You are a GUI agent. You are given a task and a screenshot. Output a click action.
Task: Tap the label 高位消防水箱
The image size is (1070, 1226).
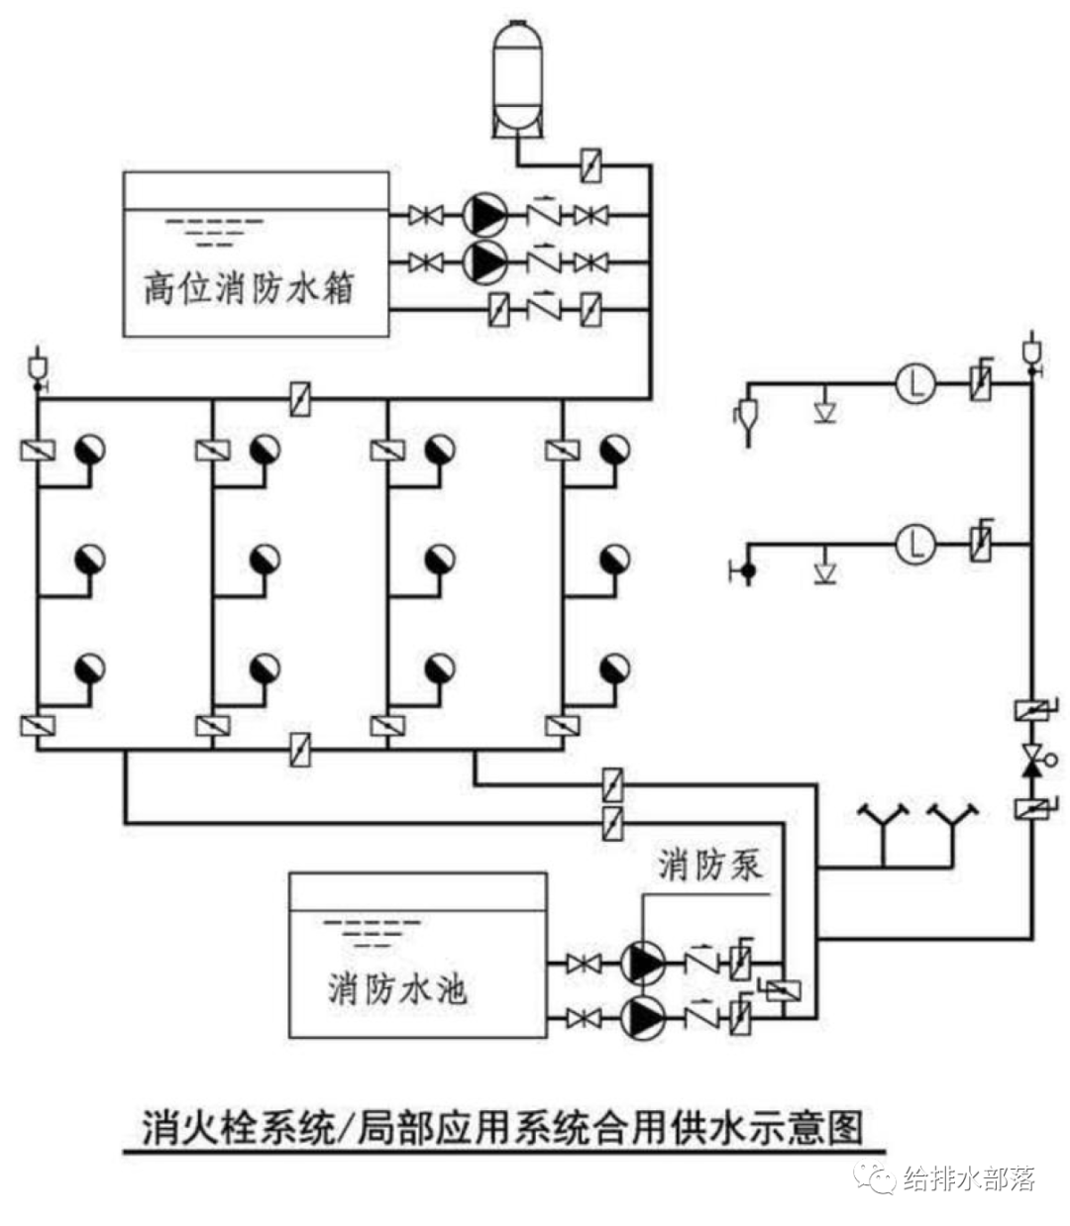[x=248, y=288]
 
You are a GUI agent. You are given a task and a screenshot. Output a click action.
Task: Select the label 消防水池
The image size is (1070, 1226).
[x=397, y=988]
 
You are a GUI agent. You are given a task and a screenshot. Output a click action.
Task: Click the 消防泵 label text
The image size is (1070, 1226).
[x=710, y=865]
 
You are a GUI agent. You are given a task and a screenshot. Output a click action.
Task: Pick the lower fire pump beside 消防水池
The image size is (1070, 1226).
[x=642, y=1017]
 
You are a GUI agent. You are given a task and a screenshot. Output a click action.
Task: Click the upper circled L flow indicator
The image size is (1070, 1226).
[x=916, y=384]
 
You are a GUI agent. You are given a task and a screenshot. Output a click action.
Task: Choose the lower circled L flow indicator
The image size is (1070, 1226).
[x=916, y=543]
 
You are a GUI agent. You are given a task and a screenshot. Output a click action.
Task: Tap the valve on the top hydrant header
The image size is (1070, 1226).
[x=299, y=400]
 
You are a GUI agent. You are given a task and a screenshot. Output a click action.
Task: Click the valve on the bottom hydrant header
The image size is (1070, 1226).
[x=299, y=750]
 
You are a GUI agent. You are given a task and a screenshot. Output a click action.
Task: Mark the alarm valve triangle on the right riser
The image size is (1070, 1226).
[x=1030, y=761]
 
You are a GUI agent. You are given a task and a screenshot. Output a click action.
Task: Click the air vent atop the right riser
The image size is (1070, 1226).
[x=1030, y=353]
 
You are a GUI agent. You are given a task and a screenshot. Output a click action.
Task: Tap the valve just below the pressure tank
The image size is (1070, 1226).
[x=591, y=164]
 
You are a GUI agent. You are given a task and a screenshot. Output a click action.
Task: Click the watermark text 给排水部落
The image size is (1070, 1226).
[x=969, y=1179]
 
